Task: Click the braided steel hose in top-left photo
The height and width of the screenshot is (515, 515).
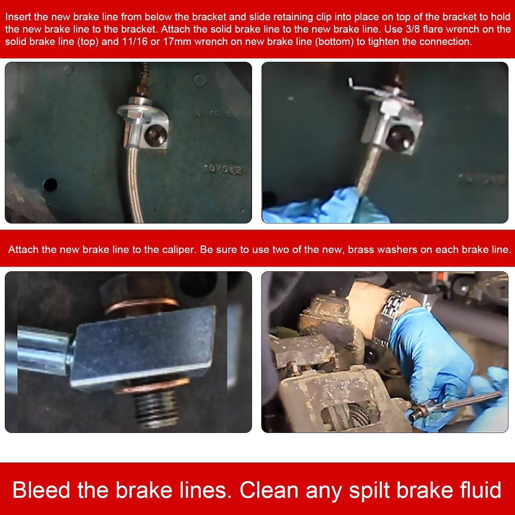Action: (135, 185)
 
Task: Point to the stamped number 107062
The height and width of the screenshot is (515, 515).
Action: (222, 169)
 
